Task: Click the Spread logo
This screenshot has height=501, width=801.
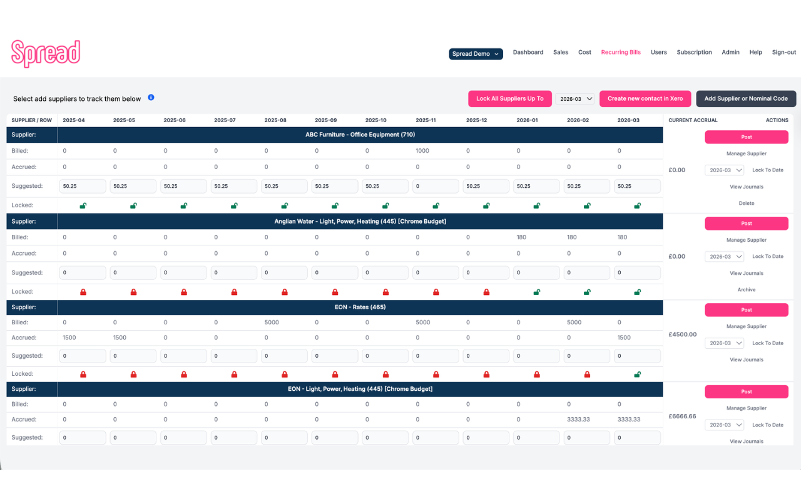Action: pos(46,53)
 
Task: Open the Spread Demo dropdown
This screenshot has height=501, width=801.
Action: pos(476,54)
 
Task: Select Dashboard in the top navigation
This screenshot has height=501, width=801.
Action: pos(528,53)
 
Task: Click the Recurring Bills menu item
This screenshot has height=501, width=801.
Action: pos(621,53)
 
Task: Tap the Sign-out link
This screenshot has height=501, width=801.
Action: pos(783,53)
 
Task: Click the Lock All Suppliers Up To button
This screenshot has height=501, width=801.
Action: pos(509,99)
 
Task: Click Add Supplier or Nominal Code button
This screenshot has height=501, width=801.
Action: pos(746,99)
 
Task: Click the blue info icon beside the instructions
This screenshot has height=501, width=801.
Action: pos(151,98)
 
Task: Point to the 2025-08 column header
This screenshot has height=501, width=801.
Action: pos(275,120)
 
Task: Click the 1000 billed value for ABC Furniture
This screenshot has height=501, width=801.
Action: pos(422,151)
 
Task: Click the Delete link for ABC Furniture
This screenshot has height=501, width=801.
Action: pos(746,204)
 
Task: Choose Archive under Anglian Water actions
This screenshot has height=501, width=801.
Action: pos(746,290)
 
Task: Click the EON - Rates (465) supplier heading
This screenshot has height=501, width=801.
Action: pos(360,307)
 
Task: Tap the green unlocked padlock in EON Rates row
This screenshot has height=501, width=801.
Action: pos(637,374)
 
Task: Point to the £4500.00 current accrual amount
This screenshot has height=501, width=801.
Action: pos(682,334)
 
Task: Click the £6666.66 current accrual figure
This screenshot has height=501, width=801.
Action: pos(682,416)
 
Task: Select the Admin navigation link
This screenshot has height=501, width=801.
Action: pos(730,53)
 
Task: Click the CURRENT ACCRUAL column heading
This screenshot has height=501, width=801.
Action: pos(693,120)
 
